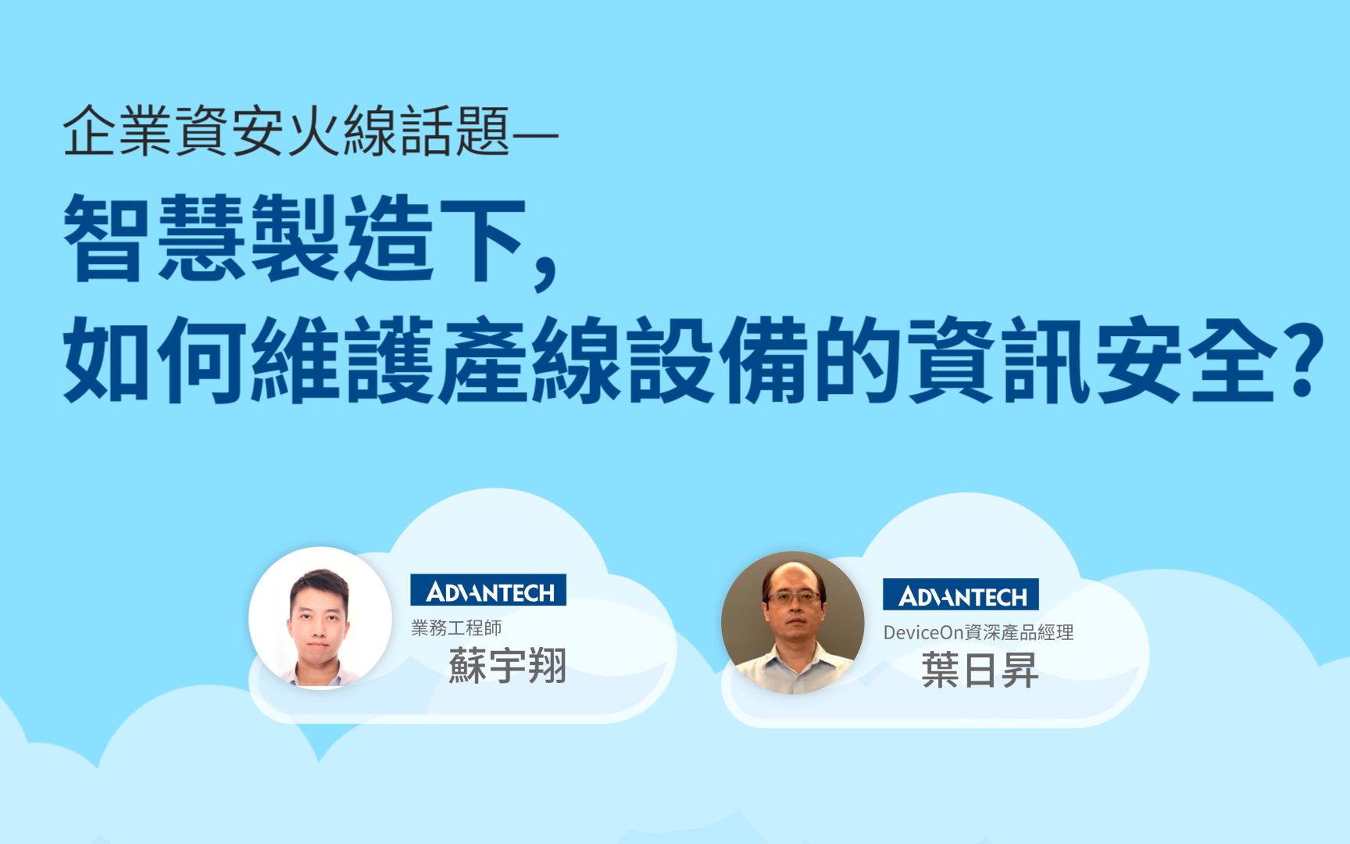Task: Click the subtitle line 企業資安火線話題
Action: pyautogui.click(x=286, y=132)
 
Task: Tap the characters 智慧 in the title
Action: pyautogui.click(x=156, y=238)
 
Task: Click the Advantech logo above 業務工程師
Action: pyautogui.click(x=488, y=590)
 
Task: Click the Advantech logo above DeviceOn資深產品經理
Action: pyautogui.click(x=960, y=595)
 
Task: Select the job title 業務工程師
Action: pyautogui.click(x=456, y=628)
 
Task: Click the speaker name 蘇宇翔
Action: pyautogui.click(x=507, y=667)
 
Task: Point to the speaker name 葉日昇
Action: pyautogui.click(x=980, y=671)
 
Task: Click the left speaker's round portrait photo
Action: pyautogui.click(x=320, y=617)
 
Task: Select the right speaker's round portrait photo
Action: pyautogui.click(x=792, y=623)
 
